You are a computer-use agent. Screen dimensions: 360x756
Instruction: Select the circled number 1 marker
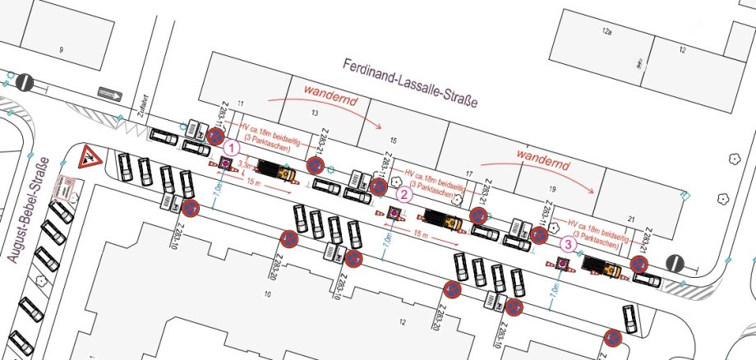[x=232, y=148]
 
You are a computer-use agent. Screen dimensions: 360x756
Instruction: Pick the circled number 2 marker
[x=404, y=195]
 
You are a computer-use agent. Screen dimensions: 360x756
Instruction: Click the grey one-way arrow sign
[x=109, y=91]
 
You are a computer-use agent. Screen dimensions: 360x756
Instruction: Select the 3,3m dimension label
[x=244, y=166]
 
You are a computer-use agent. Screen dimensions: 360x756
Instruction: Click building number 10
[x=267, y=293]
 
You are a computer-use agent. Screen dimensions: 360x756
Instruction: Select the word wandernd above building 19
[x=544, y=154]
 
